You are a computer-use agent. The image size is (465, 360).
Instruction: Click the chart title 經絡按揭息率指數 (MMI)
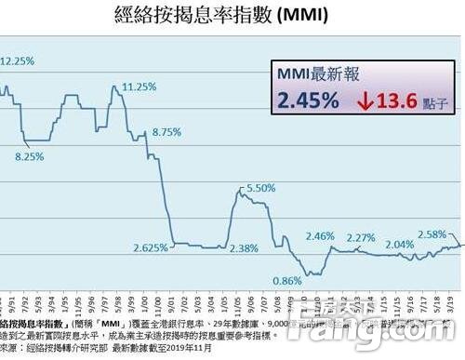(233, 15)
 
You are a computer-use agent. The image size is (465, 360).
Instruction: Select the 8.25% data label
(30, 157)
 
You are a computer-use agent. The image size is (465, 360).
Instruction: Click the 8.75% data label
(166, 132)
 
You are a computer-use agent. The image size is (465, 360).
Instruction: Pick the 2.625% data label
(151, 247)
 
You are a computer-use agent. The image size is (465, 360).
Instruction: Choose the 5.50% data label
(261, 188)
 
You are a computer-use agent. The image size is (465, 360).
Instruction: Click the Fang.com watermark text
(410, 330)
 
